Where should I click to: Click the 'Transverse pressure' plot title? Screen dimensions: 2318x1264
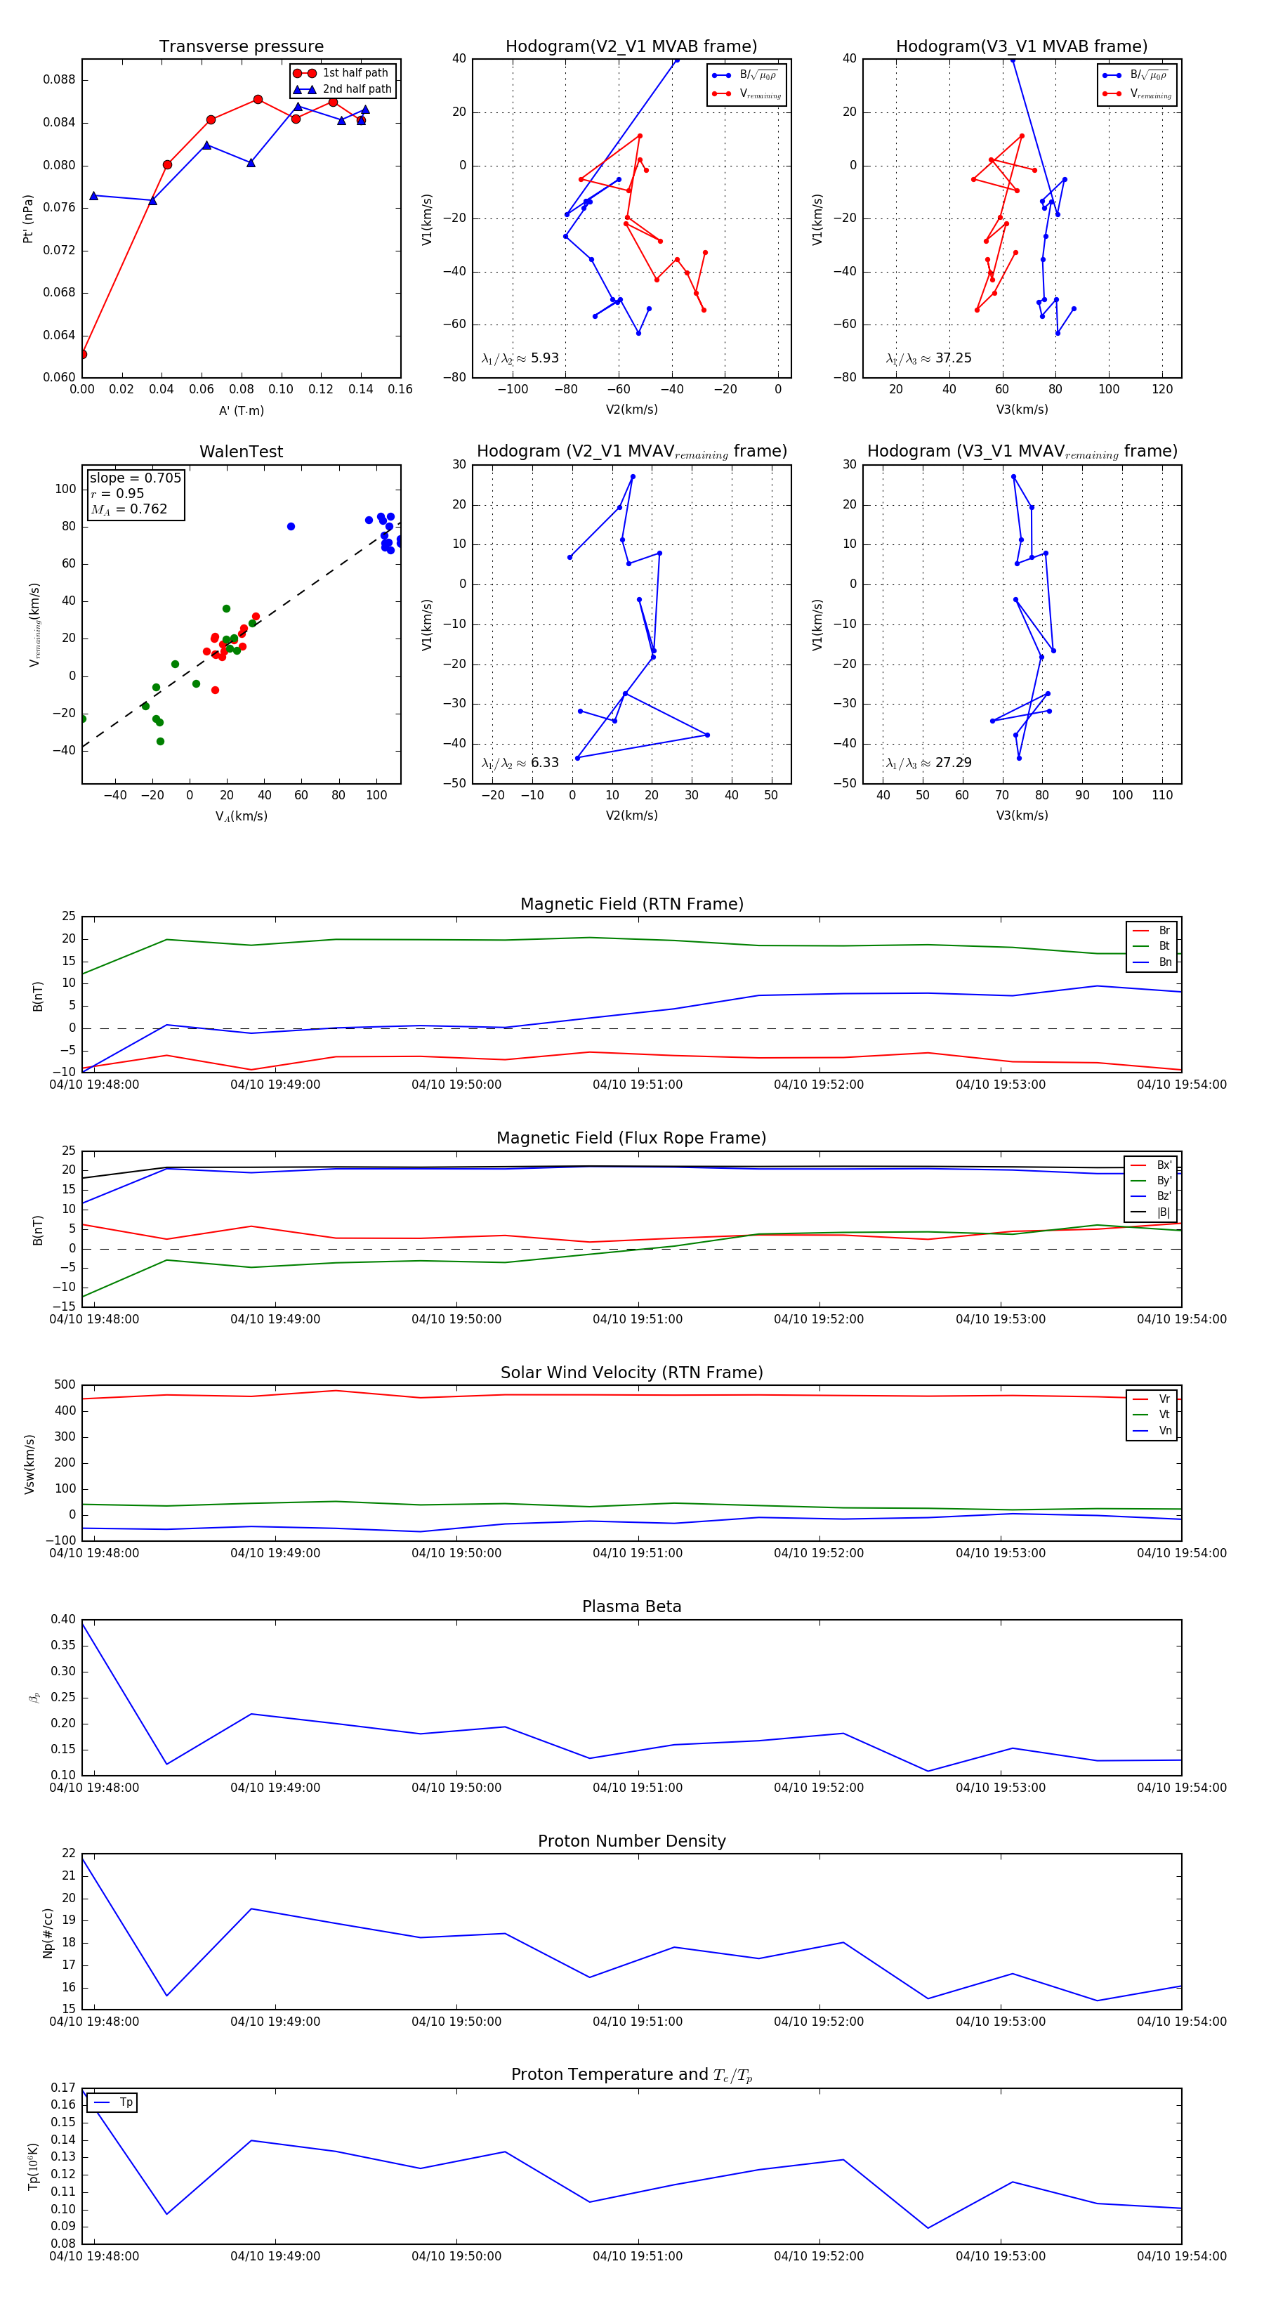(x=241, y=47)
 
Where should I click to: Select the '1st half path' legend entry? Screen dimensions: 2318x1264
(x=355, y=73)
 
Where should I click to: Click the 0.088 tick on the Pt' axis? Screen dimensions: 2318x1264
(x=60, y=80)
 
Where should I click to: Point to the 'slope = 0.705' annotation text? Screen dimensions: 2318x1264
(x=135, y=478)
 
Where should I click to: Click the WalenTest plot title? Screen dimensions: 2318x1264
(x=241, y=452)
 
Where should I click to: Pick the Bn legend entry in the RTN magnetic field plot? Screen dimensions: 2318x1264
(x=1164, y=962)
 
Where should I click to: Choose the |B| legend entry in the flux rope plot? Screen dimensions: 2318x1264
(x=1164, y=1212)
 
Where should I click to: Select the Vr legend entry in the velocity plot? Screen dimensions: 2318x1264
(x=1164, y=1399)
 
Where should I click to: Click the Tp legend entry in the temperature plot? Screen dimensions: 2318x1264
(x=126, y=2102)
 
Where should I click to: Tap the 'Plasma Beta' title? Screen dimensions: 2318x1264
(x=631, y=1606)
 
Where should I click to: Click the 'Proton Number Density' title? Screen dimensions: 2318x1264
(x=631, y=1841)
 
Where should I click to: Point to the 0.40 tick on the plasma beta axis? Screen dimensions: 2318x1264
(x=63, y=1619)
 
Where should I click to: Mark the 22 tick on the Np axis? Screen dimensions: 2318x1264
(x=68, y=1854)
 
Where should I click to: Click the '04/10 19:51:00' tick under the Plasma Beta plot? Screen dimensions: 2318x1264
(x=637, y=1787)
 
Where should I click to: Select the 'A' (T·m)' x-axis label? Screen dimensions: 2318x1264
(x=241, y=411)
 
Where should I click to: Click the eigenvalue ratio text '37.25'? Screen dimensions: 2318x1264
(x=953, y=358)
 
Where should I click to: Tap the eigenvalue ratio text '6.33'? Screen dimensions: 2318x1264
(x=544, y=763)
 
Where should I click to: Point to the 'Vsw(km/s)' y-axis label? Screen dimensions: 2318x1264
(x=29, y=1464)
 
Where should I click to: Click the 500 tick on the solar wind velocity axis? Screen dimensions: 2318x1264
(x=65, y=1385)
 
